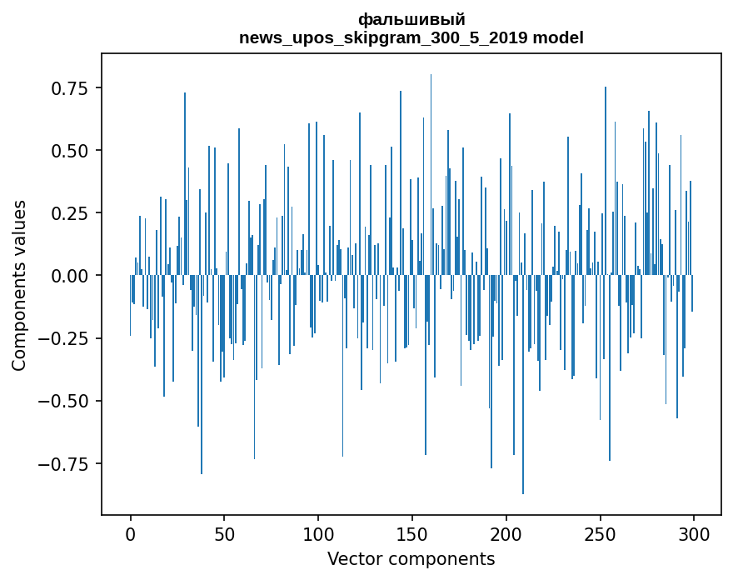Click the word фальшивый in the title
(411, 19)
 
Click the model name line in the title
(411, 37)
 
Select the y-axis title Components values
(18, 285)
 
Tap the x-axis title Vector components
(411, 559)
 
